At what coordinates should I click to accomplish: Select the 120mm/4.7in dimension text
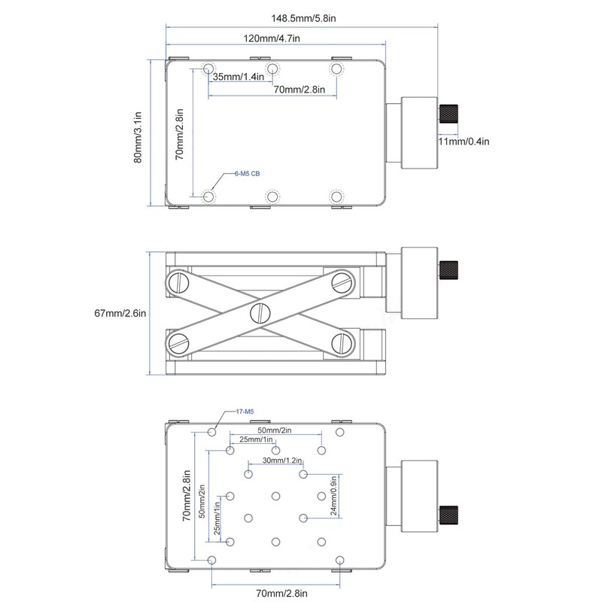click(272, 38)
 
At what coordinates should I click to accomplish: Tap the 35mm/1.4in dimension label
click(238, 77)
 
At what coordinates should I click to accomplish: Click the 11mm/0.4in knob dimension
click(464, 141)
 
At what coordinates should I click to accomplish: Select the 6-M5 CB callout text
click(246, 174)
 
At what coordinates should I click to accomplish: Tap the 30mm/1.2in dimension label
click(282, 461)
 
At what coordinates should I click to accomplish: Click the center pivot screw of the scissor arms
click(260, 313)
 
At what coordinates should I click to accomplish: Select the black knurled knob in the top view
click(450, 114)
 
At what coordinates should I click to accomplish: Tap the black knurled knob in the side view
click(450, 267)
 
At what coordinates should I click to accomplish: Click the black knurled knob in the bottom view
click(450, 514)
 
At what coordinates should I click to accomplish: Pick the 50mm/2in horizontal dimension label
click(275, 430)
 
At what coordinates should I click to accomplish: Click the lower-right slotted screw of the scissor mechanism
click(342, 344)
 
